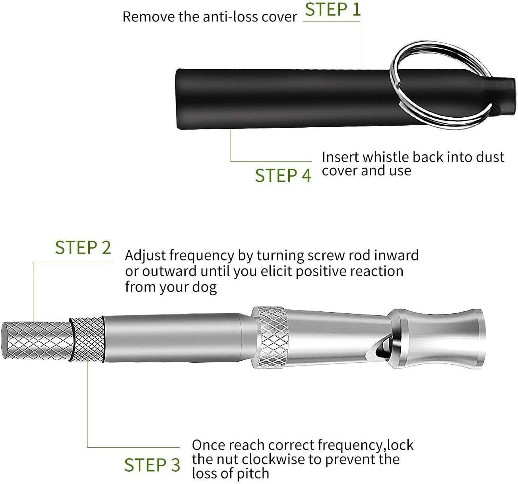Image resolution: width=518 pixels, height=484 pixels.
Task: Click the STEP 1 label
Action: (332, 10)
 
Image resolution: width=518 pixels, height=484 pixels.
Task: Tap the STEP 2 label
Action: (83, 248)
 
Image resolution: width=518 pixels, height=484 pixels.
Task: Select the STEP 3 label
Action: (152, 465)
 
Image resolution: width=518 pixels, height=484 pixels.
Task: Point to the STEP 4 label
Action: (283, 175)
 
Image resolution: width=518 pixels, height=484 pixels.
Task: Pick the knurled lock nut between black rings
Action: (87, 338)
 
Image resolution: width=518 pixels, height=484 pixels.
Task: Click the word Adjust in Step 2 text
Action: (145, 255)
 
